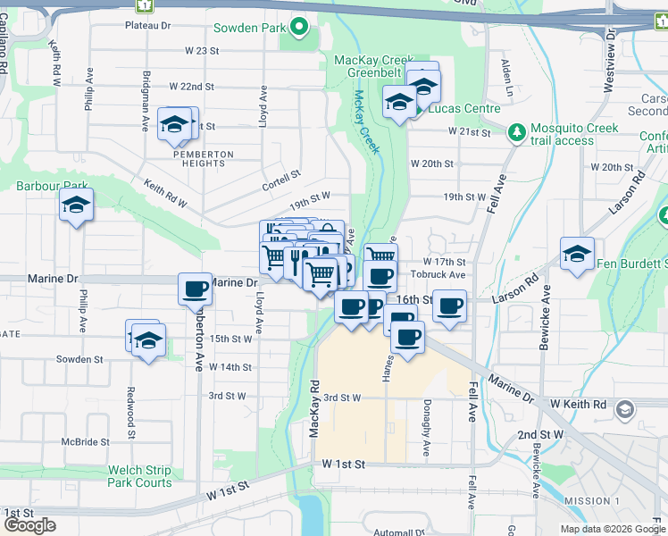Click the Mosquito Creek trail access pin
tap(515, 133)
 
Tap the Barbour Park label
tap(46, 186)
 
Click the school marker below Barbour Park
tap(77, 205)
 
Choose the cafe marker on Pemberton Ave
tap(195, 289)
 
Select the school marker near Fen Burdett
tap(578, 255)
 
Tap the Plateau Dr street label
tap(147, 27)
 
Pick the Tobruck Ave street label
tap(445, 274)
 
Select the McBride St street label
tap(86, 442)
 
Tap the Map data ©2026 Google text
tap(612, 529)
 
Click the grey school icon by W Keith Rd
tap(624, 410)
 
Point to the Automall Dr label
tap(399, 532)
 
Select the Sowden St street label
tap(79, 359)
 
